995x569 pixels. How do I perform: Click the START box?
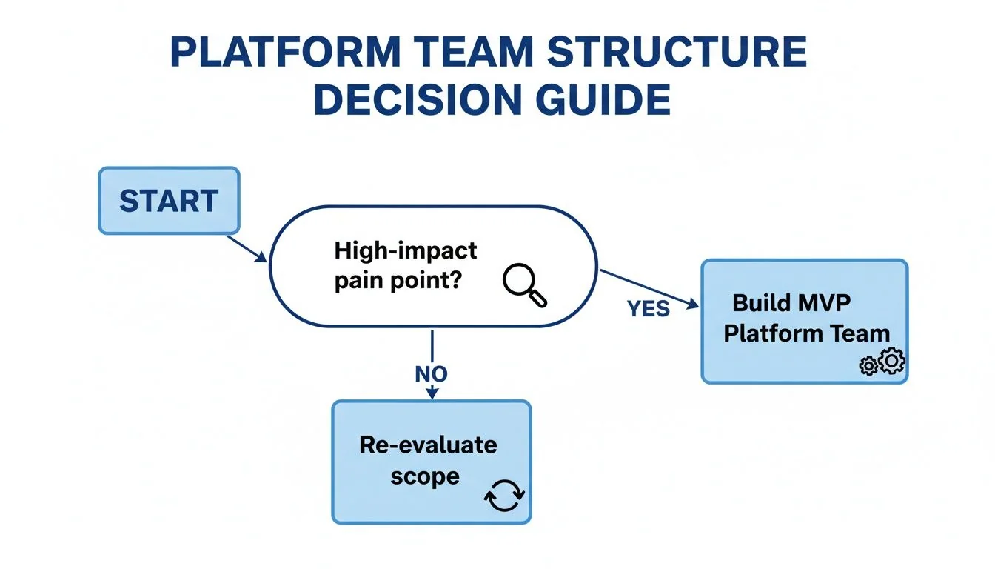pyautogui.click(x=169, y=201)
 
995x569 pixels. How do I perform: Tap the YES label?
pyautogui.click(x=649, y=308)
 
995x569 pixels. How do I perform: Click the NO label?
pyautogui.click(x=432, y=374)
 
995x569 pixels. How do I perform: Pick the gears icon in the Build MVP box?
pyautogui.click(x=882, y=362)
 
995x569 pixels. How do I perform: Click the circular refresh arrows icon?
pyautogui.click(x=504, y=496)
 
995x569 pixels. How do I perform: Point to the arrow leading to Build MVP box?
pyautogui.click(x=648, y=288)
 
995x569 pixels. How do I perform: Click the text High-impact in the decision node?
pyautogui.click(x=406, y=250)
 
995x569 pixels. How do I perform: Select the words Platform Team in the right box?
pyautogui.click(x=806, y=333)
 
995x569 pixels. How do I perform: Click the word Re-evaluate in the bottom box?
pyautogui.click(x=428, y=445)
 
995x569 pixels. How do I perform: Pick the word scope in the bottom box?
pyautogui.click(x=423, y=476)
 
